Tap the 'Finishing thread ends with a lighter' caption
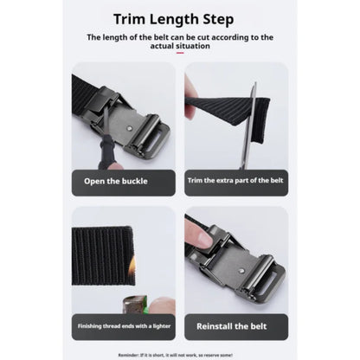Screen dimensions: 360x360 click(x=123, y=326)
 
